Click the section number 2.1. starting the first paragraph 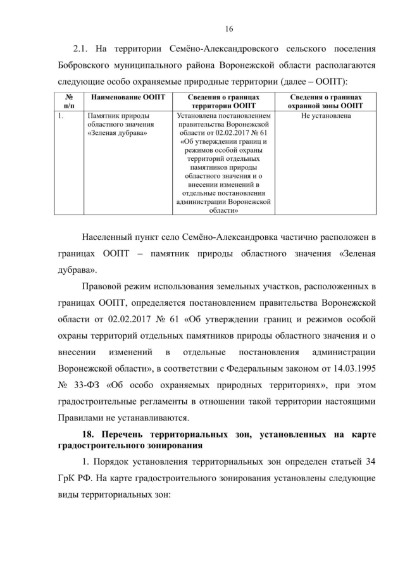click(x=84, y=49)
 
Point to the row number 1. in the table click(x=60, y=116)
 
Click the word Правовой click(x=104, y=288)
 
